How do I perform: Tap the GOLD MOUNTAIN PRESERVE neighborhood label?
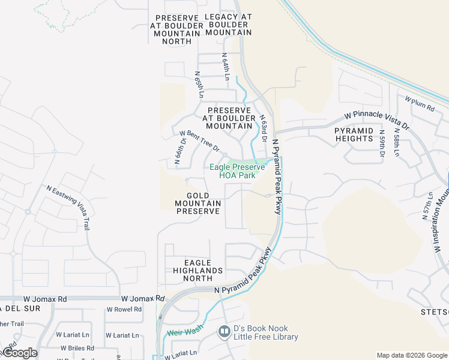point(198,203)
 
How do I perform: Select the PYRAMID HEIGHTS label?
point(354,134)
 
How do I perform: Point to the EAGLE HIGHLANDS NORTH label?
point(198,271)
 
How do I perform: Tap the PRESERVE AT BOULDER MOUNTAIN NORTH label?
point(177,29)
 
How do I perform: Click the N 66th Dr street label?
point(181,150)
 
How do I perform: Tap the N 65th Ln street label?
point(199,85)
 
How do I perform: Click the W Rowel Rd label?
point(124,310)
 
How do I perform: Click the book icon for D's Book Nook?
point(224,331)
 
